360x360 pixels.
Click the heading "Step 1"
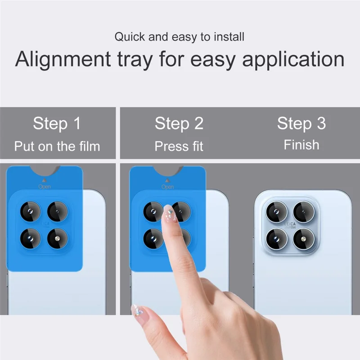click(x=57, y=123)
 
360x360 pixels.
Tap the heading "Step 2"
click(x=179, y=123)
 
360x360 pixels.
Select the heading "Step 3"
click(x=301, y=123)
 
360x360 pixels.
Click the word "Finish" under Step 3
click(x=301, y=145)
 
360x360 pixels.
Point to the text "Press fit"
click(x=179, y=146)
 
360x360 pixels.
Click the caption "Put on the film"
click(x=57, y=146)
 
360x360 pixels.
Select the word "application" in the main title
click(x=294, y=60)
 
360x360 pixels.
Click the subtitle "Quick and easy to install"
click(x=180, y=37)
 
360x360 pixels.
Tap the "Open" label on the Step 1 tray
click(x=45, y=186)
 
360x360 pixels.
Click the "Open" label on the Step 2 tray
click(x=167, y=186)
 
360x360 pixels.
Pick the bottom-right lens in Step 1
click(x=57, y=236)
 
